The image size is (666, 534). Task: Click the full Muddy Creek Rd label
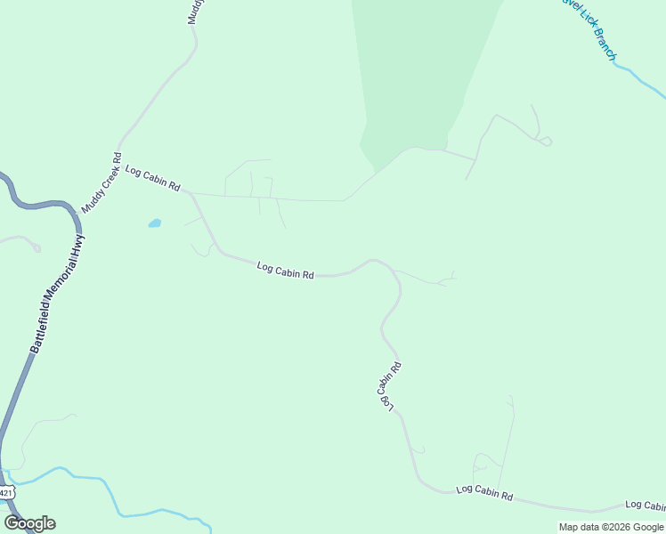[x=101, y=182]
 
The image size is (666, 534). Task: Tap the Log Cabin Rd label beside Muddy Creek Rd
[x=153, y=178]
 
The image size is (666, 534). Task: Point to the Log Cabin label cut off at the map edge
[x=645, y=504]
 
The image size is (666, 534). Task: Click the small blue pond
[x=154, y=223]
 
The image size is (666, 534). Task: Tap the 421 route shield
[x=5, y=491]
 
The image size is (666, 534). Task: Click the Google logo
[x=29, y=523]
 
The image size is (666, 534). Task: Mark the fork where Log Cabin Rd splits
[x=190, y=192]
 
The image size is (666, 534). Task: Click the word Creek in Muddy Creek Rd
[x=101, y=182]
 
